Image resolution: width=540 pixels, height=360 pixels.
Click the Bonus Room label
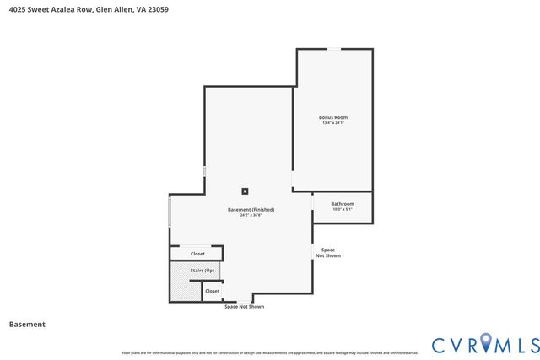333,117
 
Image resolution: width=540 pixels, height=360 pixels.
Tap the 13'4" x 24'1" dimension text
333,123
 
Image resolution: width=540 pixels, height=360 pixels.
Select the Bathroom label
342,204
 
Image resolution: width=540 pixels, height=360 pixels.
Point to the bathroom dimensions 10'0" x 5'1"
342,210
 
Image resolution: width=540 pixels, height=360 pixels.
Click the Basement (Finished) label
251,209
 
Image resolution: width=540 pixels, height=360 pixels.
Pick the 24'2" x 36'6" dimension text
251,215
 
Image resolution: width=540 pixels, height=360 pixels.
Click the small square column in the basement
246,191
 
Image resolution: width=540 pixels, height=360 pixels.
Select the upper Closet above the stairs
197,253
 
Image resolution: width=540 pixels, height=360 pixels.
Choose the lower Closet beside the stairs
212,291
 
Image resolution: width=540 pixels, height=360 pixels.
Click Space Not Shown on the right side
328,253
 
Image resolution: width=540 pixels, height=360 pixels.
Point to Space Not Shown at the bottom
244,307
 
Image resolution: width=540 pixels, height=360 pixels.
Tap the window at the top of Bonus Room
334,49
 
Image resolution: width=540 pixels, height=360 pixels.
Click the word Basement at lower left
26,325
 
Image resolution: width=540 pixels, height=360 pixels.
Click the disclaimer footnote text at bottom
270,352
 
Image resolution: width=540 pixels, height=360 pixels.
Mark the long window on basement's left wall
170,211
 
